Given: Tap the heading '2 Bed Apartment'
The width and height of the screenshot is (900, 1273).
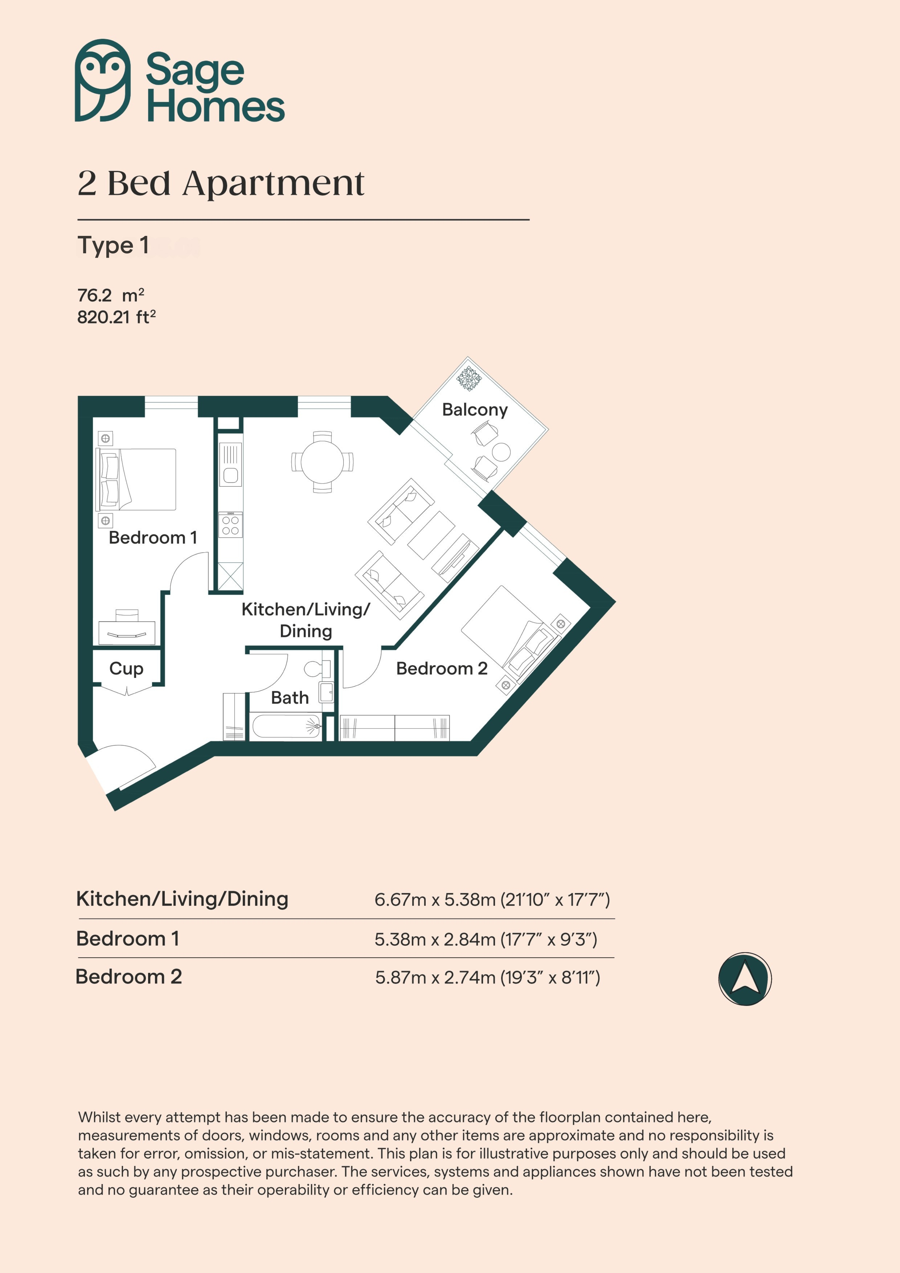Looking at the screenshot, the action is tap(221, 183).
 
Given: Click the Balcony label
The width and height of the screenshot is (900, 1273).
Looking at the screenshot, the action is tap(475, 410).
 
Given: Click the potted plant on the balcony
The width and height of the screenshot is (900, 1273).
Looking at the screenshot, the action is tap(469, 379).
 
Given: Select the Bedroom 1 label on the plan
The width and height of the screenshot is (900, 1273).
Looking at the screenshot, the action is tap(153, 537).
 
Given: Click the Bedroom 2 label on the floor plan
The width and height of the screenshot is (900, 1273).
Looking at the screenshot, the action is tap(442, 669).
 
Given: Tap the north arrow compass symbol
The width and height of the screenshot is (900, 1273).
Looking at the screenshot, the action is tap(745, 979).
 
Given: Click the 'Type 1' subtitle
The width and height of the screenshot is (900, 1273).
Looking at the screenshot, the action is tap(113, 246).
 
